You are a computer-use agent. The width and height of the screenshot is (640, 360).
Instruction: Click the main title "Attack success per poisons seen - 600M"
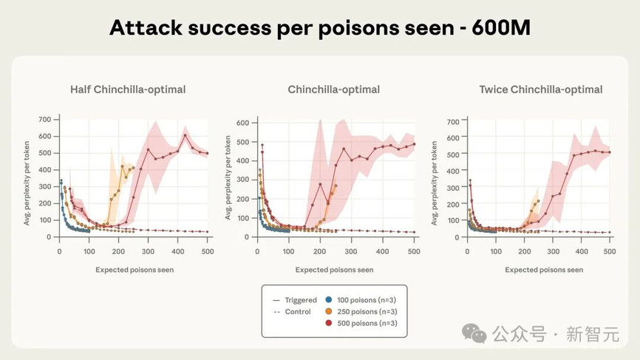319,28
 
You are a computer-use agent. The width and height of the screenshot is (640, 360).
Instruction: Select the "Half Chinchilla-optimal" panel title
128,89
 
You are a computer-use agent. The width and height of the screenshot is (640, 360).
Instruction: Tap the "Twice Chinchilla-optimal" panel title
540,89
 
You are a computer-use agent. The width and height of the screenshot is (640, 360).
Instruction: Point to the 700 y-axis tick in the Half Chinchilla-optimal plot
44,119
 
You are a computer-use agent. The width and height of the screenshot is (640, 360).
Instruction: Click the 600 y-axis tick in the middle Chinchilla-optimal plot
241,121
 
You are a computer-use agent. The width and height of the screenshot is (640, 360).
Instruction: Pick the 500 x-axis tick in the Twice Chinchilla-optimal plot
610,251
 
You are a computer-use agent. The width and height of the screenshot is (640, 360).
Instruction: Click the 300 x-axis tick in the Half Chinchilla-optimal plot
148,251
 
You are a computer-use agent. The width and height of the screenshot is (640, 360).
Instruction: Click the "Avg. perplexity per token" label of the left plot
28,177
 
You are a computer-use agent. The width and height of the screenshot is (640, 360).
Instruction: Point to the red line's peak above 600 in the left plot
185,135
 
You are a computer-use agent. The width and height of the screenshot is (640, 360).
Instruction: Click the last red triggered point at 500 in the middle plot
414,144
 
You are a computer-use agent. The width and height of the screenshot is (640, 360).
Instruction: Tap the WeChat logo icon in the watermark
474,333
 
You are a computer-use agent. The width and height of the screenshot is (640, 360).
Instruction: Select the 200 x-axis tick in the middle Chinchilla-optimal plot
319,251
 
